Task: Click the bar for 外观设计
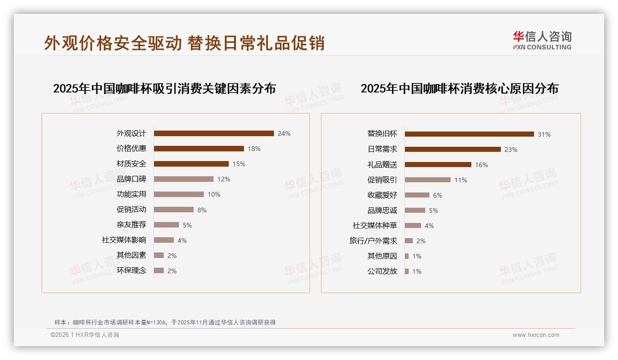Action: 214,133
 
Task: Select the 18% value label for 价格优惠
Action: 254,149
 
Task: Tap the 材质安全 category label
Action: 131,164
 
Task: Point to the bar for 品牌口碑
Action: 184,179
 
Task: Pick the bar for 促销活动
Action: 173,210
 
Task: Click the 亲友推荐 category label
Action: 131,225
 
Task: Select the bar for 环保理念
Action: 159,270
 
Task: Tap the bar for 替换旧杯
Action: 469,134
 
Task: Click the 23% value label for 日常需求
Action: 511,150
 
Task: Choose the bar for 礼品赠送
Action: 438,165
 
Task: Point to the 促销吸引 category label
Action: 382,180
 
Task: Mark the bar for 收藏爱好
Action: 417,195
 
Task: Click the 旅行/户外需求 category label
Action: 373,241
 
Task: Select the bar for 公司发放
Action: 407,271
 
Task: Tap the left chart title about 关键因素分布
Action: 164,88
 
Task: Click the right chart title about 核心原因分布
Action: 459,88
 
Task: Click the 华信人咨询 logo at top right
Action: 542,40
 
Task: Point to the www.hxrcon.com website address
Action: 536,335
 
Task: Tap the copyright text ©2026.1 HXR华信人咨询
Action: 85,335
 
